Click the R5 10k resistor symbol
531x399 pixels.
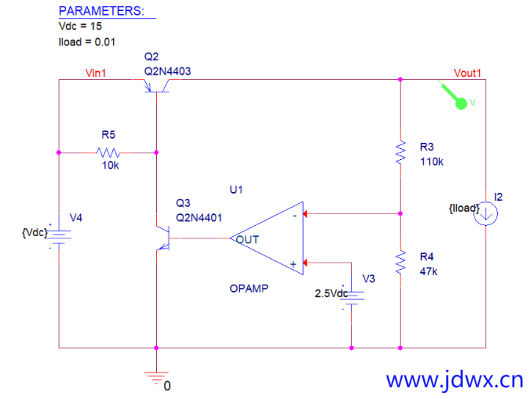click(x=108, y=153)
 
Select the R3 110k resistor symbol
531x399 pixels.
click(x=400, y=153)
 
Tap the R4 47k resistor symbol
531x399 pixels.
click(x=400, y=263)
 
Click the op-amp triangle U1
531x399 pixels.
click(x=267, y=238)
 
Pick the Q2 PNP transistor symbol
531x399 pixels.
click(x=156, y=86)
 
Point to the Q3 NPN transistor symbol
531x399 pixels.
click(x=164, y=238)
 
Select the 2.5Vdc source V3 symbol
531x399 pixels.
click(x=351, y=298)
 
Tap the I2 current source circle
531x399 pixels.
click(x=486, y=213)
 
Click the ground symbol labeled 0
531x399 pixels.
click(x=156, y=378)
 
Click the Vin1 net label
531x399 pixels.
click(x=95, y=73)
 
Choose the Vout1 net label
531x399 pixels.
click(x=467, y=73)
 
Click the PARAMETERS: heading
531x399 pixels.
click(x=101, y=11)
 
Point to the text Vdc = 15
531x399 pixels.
click(x=80, y=26)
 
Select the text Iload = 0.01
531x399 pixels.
click(x=87, y=42)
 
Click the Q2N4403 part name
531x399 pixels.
click(x=168, y=71)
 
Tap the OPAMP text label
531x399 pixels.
click(x=249, y=288)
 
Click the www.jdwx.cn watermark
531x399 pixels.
click(x=455, y=381)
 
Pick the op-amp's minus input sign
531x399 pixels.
click(x=295, y=216)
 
